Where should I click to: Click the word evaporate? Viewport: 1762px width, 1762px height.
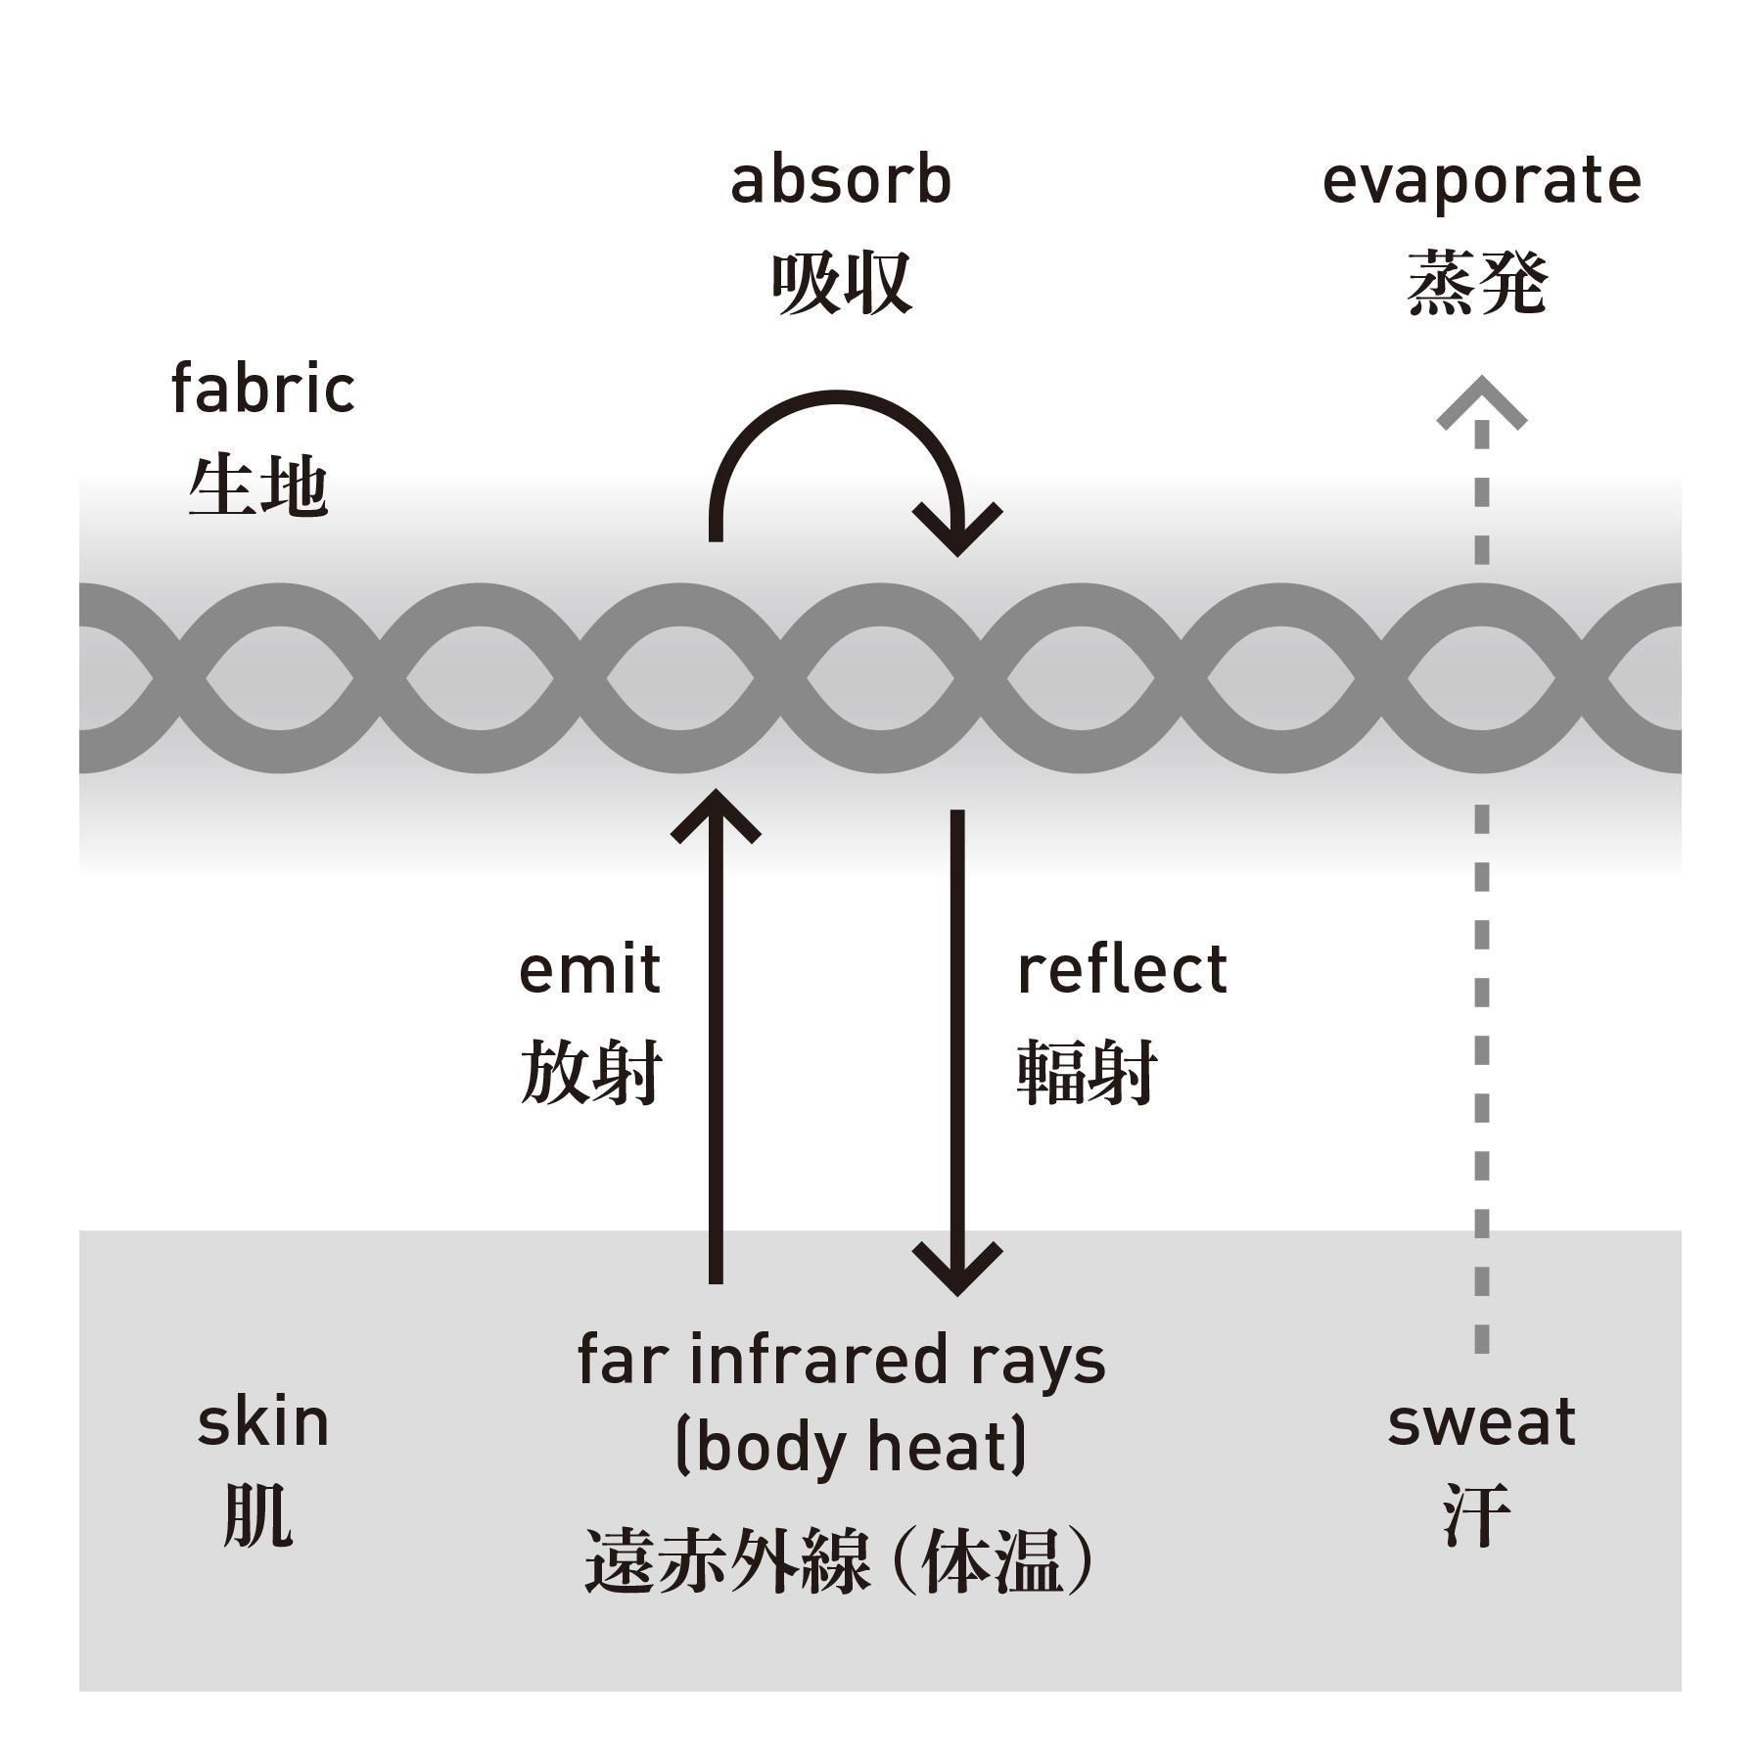tap(1481, 183)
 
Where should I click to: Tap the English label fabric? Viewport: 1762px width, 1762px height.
tap(262, 389)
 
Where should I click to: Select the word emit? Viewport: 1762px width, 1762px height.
tap(589, 970)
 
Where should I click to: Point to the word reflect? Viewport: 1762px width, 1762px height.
tap(1122, 970)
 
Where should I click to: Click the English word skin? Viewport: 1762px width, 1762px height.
tap(262, 1422)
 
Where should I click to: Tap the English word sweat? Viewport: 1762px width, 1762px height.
tap(1481, 1422)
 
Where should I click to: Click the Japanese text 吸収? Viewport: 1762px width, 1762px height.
tap(841, 283)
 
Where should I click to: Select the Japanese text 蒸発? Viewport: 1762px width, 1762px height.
tap(1477, 283)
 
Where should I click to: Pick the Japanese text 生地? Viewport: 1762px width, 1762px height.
tap(257, 487)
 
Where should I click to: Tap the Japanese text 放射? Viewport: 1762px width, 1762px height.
tap(590, 1072)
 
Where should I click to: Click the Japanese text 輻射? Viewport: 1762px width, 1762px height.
tap(1088, 1072)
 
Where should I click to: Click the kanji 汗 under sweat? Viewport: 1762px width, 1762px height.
tap(1477, 1514)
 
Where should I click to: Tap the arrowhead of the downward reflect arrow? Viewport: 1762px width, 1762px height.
tap(957, 1270)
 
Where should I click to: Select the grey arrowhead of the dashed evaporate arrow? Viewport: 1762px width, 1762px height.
tap(1481, 403)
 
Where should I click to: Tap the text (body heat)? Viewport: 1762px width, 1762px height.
tap(851, 1447)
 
